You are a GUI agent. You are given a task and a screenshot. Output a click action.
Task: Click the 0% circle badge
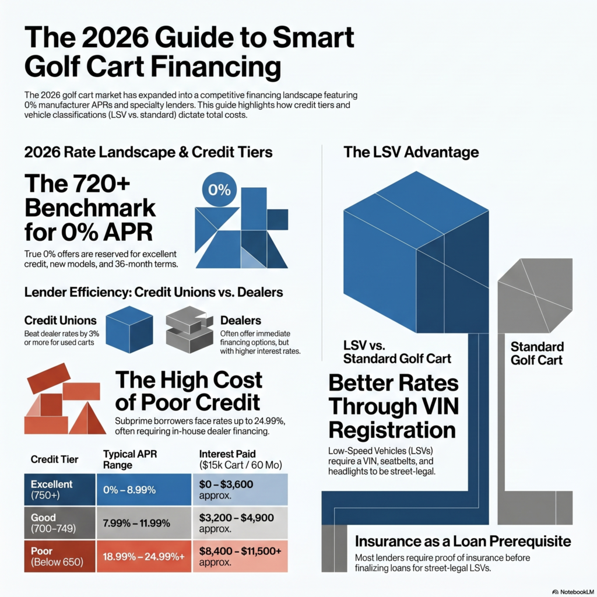point(219,189)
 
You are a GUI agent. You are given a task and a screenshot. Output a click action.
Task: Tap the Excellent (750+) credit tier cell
point(60,490)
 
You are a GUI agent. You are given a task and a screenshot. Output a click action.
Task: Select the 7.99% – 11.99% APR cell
point(144,523)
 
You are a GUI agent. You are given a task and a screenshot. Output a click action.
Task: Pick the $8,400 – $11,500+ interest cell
point(240,556)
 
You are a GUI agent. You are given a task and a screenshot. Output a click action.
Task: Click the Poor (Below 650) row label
point(60,556)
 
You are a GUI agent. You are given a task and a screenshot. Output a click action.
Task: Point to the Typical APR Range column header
point(130,459)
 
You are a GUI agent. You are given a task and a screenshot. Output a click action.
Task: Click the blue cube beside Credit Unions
point(129,329)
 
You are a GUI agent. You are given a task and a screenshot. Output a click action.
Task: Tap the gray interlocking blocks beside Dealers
point(189,329)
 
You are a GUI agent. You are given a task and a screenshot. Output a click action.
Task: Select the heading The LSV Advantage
point(411,152)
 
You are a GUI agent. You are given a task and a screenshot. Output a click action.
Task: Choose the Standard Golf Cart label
point(536,353)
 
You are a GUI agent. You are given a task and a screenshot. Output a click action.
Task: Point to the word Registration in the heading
point(392,430)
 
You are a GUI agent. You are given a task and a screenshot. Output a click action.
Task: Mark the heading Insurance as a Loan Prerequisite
point(463,541)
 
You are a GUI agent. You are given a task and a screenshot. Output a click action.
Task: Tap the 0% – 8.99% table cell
point(144,490)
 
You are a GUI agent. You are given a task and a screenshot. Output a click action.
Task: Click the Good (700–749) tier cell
point(60,523)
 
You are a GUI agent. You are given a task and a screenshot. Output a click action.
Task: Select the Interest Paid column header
point(241,459)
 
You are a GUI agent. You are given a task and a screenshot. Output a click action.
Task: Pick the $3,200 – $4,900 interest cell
point(240,523)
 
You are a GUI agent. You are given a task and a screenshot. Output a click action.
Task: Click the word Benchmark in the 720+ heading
point(90,208)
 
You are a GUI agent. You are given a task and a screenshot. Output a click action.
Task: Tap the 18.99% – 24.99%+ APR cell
point(144,556)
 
